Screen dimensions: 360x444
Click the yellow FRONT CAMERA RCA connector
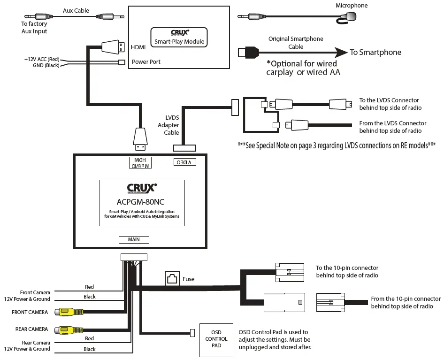point(69,312)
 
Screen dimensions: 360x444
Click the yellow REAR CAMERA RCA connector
point(69,329)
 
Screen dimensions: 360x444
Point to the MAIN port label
point(134,239)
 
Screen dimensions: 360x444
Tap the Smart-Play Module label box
point(179,37)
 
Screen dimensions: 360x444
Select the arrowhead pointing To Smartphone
point(341,52)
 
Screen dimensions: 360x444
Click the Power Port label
point(146,61)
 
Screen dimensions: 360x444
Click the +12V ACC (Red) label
point(42,59)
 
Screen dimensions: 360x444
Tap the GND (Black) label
point(46,65)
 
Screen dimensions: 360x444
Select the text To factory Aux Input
point(34,28)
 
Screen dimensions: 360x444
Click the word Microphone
point(352,6)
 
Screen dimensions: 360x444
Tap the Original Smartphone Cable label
point(296,43)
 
